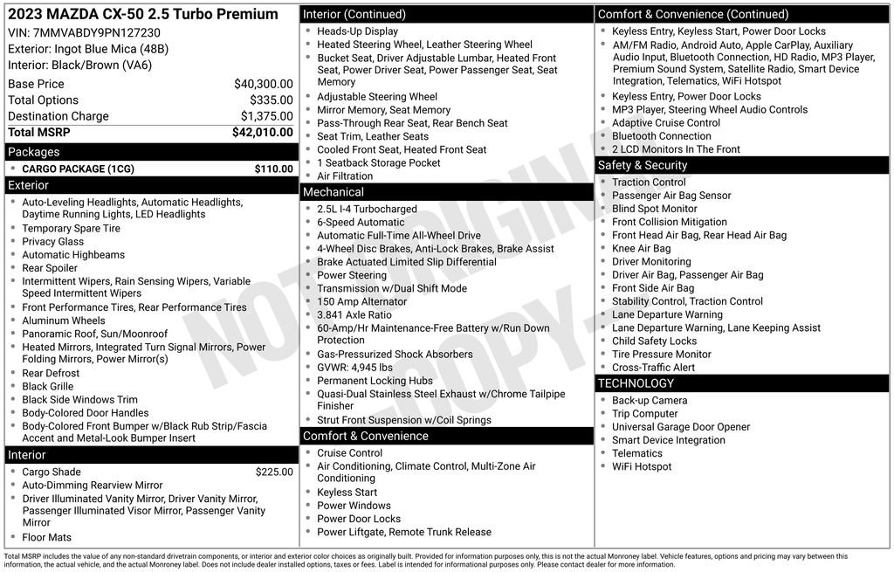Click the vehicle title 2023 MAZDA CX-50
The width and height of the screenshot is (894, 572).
click(x=143, y=14)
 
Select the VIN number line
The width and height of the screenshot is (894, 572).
click(x=84, y=32)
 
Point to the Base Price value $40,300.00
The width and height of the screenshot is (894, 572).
click(x=263, y=84)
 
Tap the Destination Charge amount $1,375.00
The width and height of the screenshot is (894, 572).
click(x=266, y=116)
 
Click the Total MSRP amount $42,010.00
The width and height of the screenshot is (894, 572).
click(x=262, y=133)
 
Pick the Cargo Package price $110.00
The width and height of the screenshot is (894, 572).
click(x=273, y=169)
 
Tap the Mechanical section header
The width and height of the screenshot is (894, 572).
click(x=333, y=192)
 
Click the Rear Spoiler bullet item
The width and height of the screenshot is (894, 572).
click(x=50, y=268)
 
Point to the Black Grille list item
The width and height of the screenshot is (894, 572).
click(x=48, y=386)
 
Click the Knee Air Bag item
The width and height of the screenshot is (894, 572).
click(x=641, y=249)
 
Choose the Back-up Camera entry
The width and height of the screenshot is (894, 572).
click(x=649, y=401)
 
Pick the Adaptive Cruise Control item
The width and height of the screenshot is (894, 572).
click(x=666, y=123)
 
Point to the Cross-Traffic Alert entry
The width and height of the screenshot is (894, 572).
click(x=653, y=368)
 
